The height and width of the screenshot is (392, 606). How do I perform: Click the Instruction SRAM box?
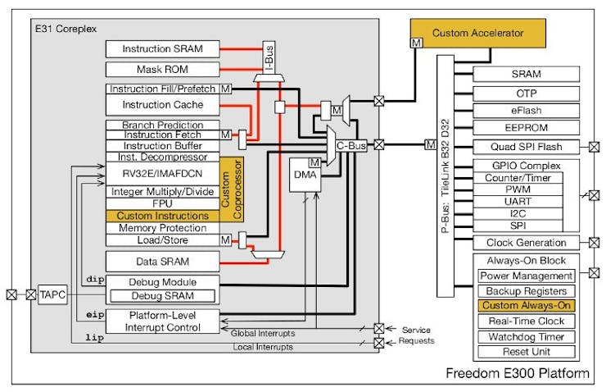pyautogui.click(x=163, y=48)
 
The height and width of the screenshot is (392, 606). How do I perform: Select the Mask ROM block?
pyautogui.click(x=163, y=69)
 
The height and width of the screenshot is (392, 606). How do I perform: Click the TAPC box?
pyautogui.click(x=52, y=295)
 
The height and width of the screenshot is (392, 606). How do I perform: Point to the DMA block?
pyautogui.click(x=305, y=175)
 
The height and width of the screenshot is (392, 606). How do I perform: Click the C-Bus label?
pyautogui.click(x=351, y=146)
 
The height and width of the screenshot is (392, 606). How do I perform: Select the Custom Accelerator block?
pyautogui.click(x=477, y=34)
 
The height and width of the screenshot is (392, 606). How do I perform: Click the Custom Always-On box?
pyautogui.click(x=527, y=305)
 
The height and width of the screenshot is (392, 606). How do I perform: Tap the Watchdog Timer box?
pyautogui.click(x=527, y=337)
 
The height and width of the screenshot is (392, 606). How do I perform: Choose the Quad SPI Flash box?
pyautogui.click(x=527, y=147)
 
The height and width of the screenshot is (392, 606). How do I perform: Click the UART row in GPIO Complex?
pyautogui.click(x=518, y=202)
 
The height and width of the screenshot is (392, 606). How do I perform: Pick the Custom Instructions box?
pyautogui.click(x=163, y=216)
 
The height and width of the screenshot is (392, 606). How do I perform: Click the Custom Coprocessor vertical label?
pyautogui.click(x=232, y=189)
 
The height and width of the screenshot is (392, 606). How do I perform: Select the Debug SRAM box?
pyautogui.click(x=163, y=296)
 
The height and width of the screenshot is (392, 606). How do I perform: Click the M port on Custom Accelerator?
pyautogui.click(x=416, y=43)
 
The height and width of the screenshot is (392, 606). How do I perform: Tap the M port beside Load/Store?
pyautogui.click(x=226, y=240)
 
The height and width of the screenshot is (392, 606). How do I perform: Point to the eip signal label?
pyautogui.click(x=95, y=315)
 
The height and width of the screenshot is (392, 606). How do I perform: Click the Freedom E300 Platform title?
pyautogui.click(x=518, y=373)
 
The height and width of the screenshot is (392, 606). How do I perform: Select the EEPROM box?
pyautogui.click(x=527, y=128)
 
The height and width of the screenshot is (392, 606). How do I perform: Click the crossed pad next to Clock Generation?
pyautogui.click(x=594, y=243)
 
